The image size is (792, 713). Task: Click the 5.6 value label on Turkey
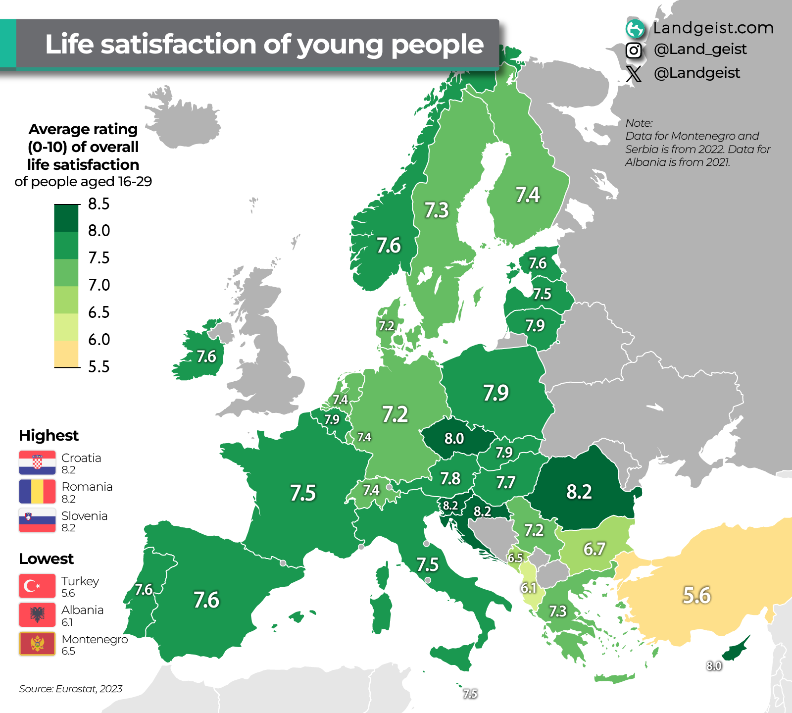[696, 595]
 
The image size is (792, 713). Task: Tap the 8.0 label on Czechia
[454, 439]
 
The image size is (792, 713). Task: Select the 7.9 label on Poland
[496, 393]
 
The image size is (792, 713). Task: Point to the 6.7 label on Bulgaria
[594, 549]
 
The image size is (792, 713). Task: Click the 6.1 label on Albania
[528, 588]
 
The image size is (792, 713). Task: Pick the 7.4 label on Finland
[528, 195]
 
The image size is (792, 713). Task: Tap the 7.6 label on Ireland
[206, 356]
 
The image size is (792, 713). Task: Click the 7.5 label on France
[302, 493]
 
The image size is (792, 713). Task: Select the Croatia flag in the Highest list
[37, 463]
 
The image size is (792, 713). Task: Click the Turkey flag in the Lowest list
[37, 586]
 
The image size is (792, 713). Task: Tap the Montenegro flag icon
[37, 644]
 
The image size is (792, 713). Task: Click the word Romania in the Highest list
[87, 487]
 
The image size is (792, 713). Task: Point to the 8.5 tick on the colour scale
[99, 204]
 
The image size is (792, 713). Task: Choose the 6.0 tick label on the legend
[99, 340]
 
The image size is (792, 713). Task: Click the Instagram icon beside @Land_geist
[634, 50]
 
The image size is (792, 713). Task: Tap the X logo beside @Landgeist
[634, 74]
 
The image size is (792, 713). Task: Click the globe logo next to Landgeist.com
[635, 29]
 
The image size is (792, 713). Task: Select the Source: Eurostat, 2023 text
[71, 689]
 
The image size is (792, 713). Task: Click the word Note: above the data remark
[639, 123]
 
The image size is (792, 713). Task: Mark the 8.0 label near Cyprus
[714, 666]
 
